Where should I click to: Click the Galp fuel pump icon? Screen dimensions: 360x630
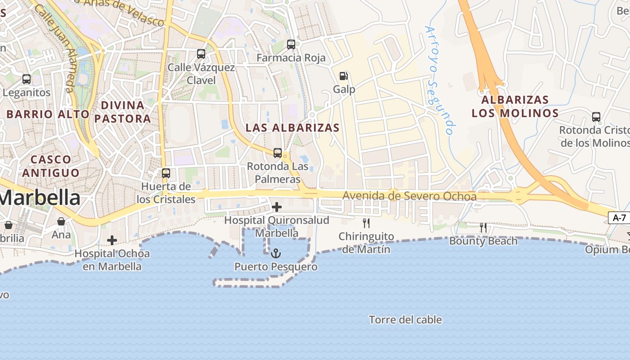344,76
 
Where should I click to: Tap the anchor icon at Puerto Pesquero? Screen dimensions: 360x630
276,253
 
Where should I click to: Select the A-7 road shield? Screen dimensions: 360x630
619,218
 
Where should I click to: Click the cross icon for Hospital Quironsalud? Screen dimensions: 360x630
277,207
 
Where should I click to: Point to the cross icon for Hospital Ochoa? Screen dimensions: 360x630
112,240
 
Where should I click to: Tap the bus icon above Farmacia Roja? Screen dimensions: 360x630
291,45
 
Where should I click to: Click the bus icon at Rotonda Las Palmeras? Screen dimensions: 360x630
278,153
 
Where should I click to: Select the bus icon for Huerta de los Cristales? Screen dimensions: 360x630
166,173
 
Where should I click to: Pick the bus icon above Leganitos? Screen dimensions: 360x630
27,79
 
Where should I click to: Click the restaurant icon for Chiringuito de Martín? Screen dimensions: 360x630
366,223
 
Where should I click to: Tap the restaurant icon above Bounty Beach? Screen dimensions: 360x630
483,228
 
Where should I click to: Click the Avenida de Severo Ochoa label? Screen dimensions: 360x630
409,196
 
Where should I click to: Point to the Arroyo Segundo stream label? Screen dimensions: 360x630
438,80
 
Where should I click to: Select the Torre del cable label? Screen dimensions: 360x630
405,320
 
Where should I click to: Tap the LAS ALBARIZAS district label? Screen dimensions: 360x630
292,127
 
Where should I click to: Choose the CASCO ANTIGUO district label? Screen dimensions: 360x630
51,166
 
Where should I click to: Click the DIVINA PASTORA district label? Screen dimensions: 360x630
123,112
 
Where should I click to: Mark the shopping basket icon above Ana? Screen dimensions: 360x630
61,221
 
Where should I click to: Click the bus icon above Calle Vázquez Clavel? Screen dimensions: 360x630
201,54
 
